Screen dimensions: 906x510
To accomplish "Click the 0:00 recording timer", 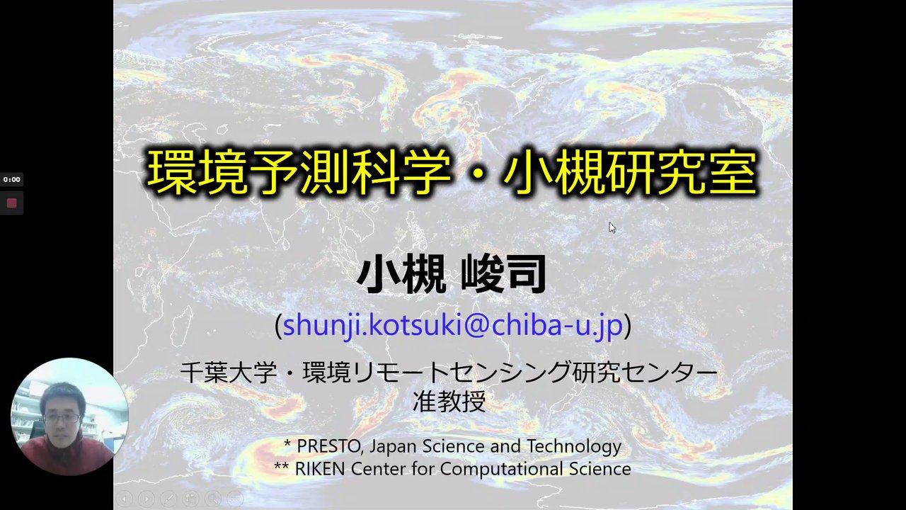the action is click(x=12, y=179).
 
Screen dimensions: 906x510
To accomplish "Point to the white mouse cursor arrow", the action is click(x=612, y=227).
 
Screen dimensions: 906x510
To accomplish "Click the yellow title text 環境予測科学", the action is click(x=299, y=172).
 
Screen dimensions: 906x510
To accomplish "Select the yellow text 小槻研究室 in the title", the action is click(x=630, y=172).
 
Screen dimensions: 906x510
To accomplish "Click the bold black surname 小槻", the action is click(x=401, y=273).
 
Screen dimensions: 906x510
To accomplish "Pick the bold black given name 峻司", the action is click(x=503, y=273).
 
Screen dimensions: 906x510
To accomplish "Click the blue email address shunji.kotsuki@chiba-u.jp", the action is click(x=452, y=325).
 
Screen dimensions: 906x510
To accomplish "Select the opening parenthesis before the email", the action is click(x=278, y=326).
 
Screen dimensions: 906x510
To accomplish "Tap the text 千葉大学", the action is click(x=229, y=373).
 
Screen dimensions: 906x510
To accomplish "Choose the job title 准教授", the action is click(x=449, y=402).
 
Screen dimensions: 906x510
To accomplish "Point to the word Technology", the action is click(x=574, y=446).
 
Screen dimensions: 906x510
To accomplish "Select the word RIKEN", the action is click(x=320, y=469).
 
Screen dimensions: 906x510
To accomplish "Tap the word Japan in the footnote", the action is click(x=393, y=447).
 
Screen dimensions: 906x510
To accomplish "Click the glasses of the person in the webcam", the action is click(x=62, y=418).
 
